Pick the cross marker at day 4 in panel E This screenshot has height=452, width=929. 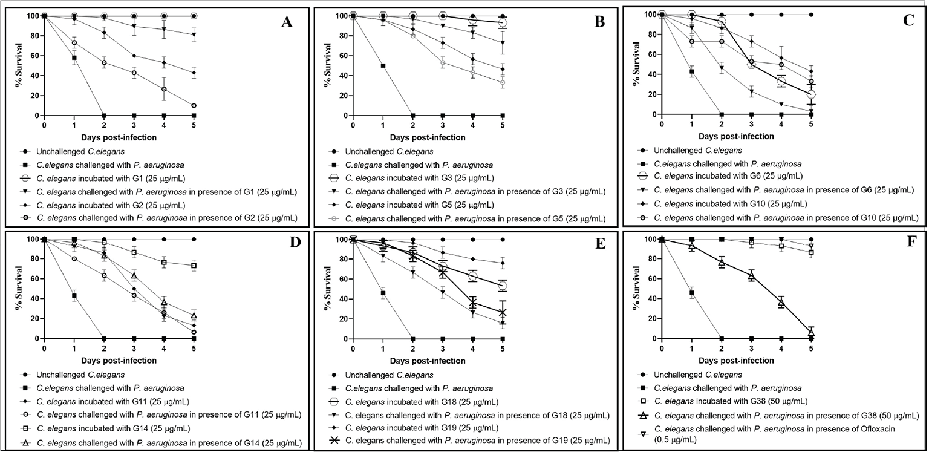(x=473, y=303)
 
